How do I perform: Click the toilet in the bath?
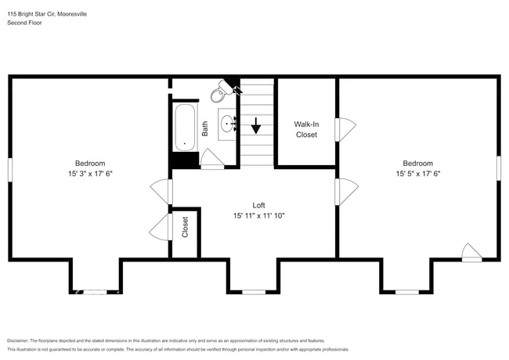coord(218,94)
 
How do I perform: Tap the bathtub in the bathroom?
coord(185,127)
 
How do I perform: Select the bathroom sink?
coord(229,123)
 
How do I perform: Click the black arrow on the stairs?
coord(256,124)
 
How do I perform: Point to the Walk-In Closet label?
coord(305,129)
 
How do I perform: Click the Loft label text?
coord(258,205)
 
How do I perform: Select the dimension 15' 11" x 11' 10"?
coord(258,215)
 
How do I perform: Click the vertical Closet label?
coord(186,227)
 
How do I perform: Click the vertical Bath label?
coord(205,128)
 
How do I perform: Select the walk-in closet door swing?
coord(345,129)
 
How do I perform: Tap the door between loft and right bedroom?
coord(346,191)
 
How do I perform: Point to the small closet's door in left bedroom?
coord(160,227)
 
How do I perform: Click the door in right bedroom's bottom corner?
coord(471,252)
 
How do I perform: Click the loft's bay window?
coord(253,292)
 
